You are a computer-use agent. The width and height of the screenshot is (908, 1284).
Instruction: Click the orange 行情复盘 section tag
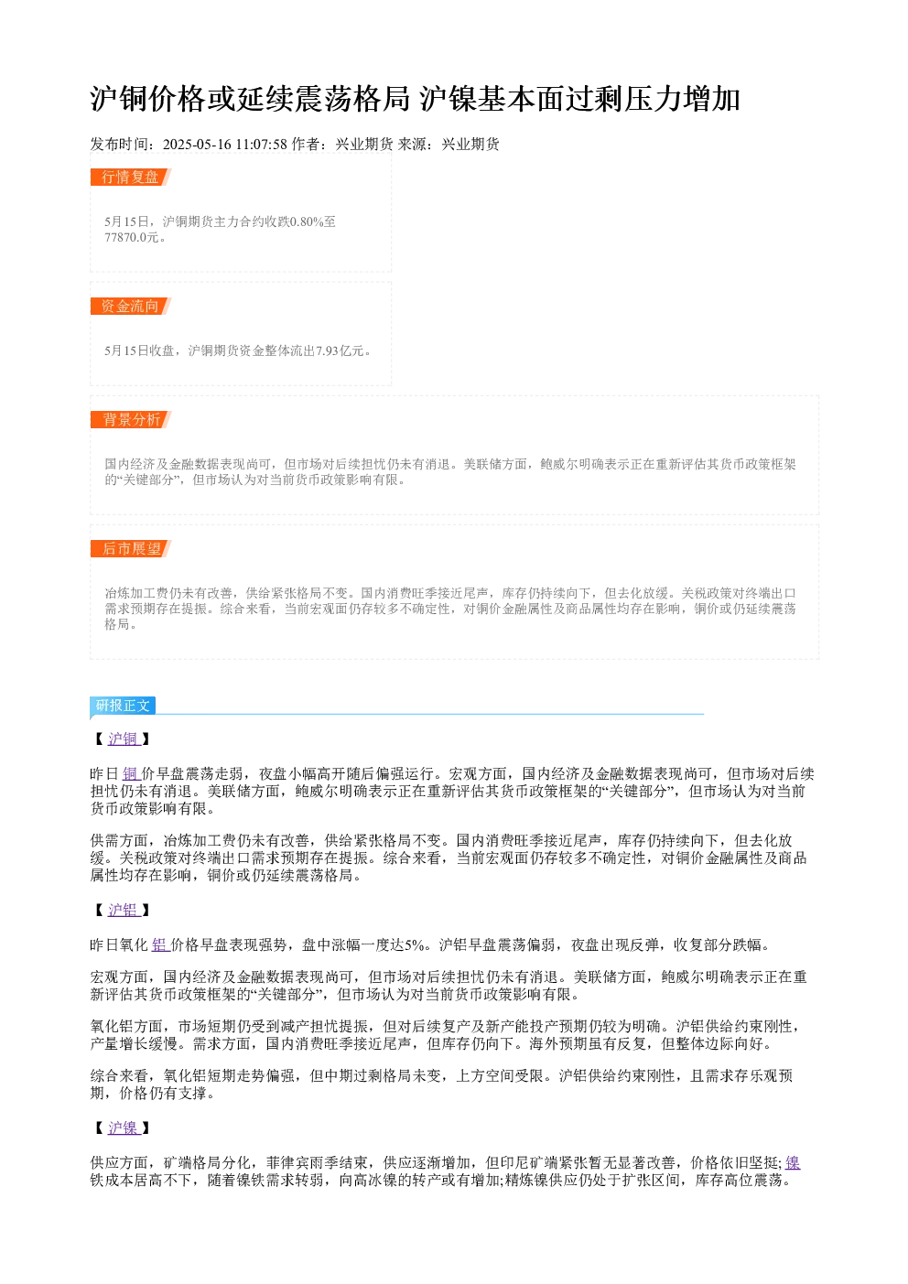click(131, 178)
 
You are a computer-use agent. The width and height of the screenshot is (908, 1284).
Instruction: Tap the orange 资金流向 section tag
click(131, 306)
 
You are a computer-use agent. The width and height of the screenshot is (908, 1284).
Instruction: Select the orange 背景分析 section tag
click(131, 419)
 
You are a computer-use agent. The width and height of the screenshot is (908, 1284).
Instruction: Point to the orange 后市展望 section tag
click(131, 548)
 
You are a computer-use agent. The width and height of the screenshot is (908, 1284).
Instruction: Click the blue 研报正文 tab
click(123, 706)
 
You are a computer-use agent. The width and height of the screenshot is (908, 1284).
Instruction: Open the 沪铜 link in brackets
click(124, 739)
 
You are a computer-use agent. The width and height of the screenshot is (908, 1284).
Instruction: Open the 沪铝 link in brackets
click(124, 910)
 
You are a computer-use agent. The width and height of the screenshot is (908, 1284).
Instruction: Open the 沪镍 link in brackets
click(124, 1128)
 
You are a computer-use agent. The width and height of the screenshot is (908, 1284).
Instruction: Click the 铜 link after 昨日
click(131, 774)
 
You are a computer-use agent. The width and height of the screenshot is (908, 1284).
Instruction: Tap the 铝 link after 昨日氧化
click(160, 944)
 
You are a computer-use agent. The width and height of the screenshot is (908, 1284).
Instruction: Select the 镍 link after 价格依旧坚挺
click(793, 1162)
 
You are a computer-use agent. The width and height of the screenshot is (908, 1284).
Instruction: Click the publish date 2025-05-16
click(197, 145)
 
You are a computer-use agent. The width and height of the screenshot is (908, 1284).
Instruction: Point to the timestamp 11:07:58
click(262, 145)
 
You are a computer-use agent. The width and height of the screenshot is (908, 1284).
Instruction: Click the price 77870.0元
click(131, 237)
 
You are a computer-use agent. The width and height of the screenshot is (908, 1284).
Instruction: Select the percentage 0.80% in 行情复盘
click(307, 221)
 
